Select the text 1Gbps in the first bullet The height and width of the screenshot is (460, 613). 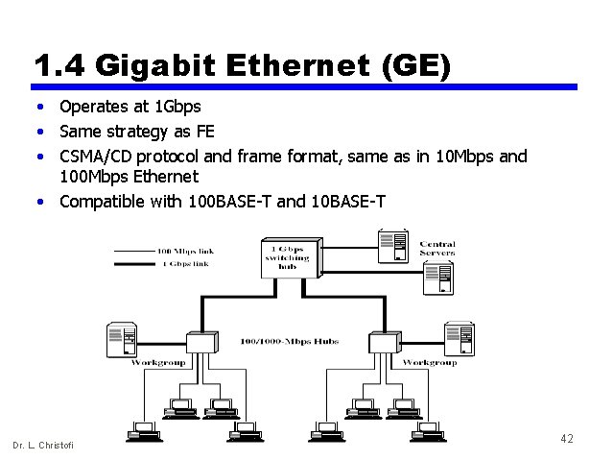[177, 107]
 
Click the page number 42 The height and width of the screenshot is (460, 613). [566, 439]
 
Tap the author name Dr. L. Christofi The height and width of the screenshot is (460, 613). [42, 445]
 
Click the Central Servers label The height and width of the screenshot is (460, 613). [436, 248]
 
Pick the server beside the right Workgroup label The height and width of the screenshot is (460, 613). [459, 339]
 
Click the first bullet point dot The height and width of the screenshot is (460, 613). [41, 107]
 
